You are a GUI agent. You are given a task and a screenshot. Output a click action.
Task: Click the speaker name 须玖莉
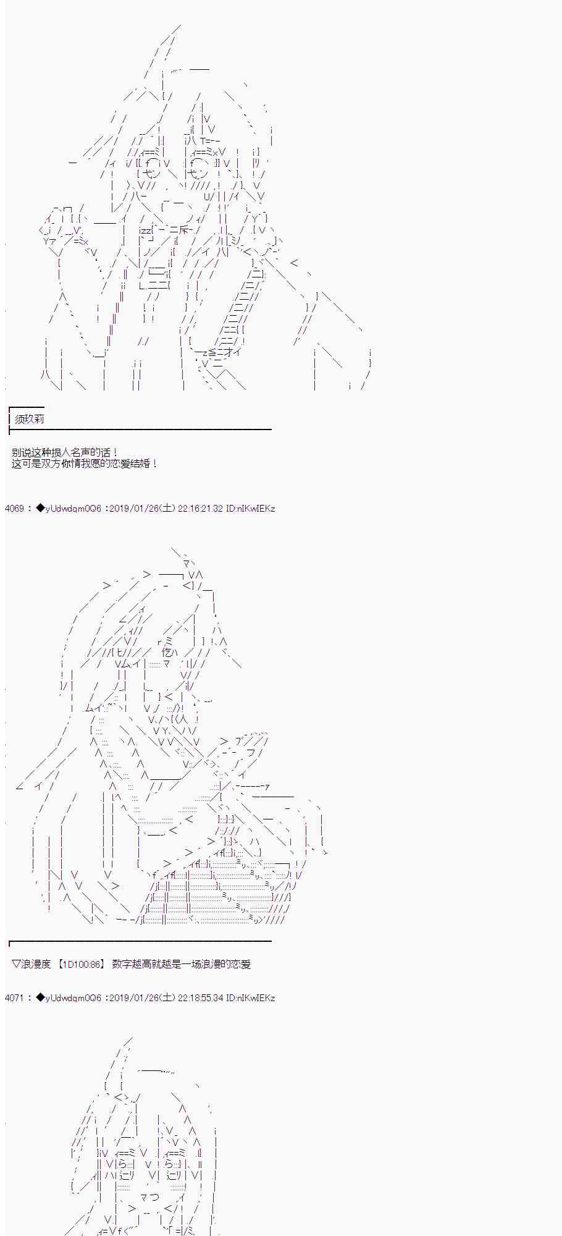pyautogui.click(x=30, y=419)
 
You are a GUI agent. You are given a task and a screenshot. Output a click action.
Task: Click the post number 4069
pyautogui.click(x=14, y=509)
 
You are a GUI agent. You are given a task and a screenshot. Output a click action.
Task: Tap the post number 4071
pyautogui.click(x=14, y=997)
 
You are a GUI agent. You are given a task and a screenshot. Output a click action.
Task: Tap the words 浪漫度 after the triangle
pyautogui.click(x=36, y=964)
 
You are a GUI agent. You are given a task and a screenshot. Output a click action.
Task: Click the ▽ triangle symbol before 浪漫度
pyautogui.click(x=16, y=964)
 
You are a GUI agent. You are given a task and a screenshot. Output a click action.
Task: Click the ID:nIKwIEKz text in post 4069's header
pyautogui.click(x=251, y=509)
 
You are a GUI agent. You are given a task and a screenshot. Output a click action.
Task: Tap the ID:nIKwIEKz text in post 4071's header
pyautogui.click(x=251, y=997)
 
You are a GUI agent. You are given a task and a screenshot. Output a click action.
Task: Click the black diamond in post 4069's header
pyautogui.click(x=41, y=509)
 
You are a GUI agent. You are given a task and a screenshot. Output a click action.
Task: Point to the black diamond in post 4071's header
pyautogui.click(x=41, y=997)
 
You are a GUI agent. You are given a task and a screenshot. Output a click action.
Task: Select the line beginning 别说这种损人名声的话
pyautogui.click(x=65, y=453)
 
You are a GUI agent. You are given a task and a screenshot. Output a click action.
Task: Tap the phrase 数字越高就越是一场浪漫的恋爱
pyautogui.click(x=182, y=964)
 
